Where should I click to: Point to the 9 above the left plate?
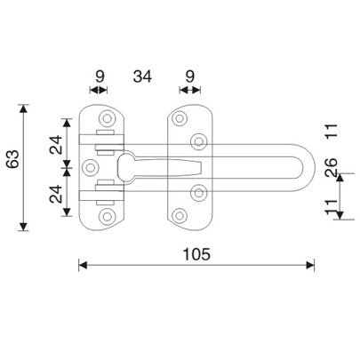tap(100, 77)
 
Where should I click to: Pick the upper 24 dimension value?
tap(56, 145)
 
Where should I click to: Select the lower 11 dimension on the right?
tap(330, 210)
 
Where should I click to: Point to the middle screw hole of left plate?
tap(89, 166)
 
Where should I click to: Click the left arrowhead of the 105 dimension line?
tap(83, 264)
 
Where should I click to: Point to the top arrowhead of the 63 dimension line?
tap(24, 108)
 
